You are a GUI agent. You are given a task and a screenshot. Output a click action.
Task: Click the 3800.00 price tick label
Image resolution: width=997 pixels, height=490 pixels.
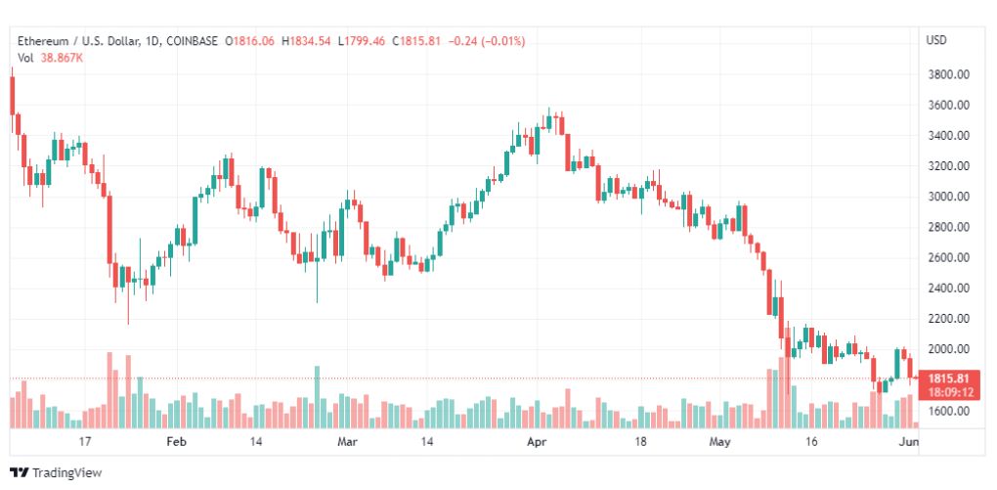coord(949,74)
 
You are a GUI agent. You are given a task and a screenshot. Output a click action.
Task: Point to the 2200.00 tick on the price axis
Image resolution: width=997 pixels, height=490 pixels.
coord(949,319)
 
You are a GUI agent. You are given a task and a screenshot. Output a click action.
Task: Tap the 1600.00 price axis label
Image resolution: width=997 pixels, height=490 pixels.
coord(949,411)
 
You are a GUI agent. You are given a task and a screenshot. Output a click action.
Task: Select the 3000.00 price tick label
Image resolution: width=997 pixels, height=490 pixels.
coord(949,197)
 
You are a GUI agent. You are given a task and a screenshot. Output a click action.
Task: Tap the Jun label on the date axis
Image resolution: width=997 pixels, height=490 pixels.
coord(910,442)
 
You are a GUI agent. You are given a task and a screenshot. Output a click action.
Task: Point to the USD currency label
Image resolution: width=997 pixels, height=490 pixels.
coord(936,40)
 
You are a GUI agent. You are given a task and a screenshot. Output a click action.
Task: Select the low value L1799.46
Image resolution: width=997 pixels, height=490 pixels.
coord(361,41)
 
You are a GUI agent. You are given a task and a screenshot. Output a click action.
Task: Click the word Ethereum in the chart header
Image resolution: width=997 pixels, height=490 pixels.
coord(43,41)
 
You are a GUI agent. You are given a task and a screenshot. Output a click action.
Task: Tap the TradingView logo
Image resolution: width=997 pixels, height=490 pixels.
coord(56,472)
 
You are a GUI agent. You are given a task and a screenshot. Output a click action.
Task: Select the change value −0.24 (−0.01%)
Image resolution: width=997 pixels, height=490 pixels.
coord(487,41)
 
